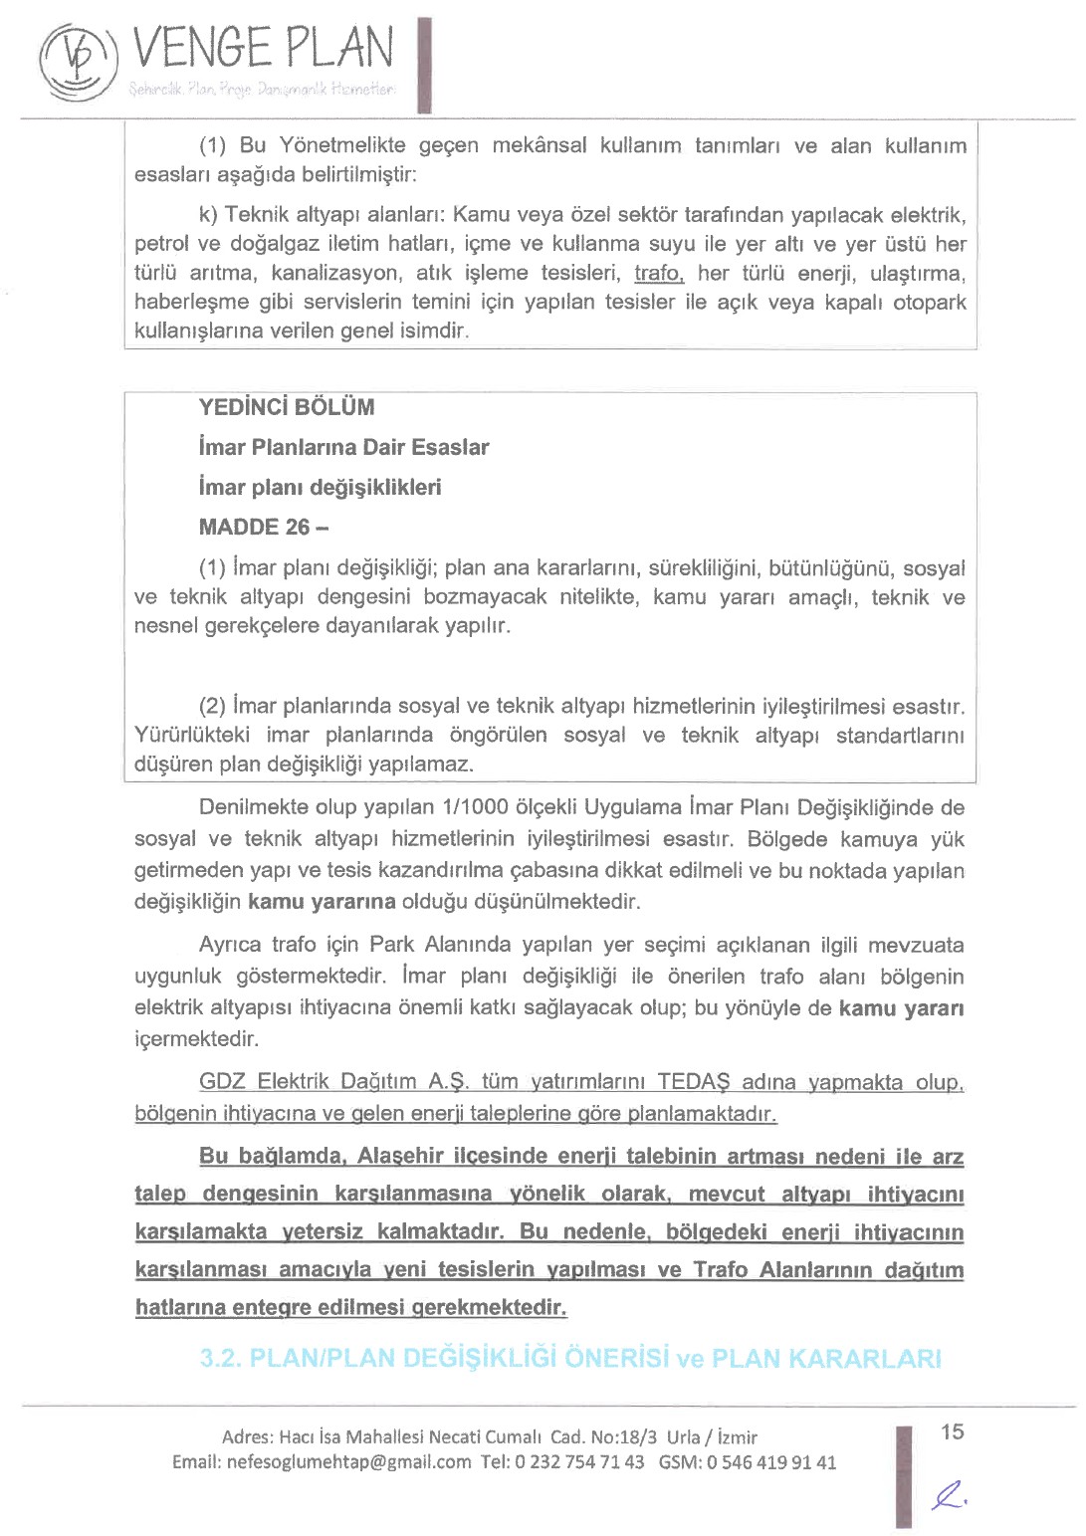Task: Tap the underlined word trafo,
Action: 658,273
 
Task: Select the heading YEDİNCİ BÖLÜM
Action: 287,407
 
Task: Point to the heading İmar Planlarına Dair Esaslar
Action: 343,447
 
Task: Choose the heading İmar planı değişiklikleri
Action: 320,487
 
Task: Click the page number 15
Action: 952,1431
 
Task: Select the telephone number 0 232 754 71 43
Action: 578,1462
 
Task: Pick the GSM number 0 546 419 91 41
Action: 771,1462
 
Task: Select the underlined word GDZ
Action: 223,1081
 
